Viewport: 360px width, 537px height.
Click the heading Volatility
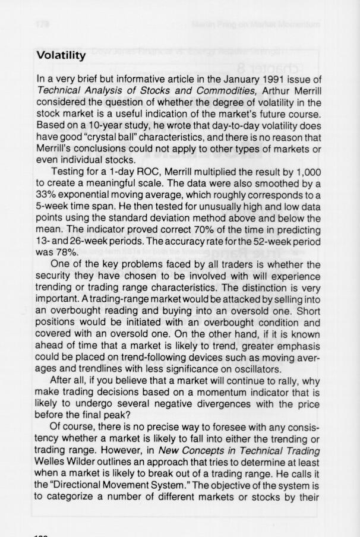61,56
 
